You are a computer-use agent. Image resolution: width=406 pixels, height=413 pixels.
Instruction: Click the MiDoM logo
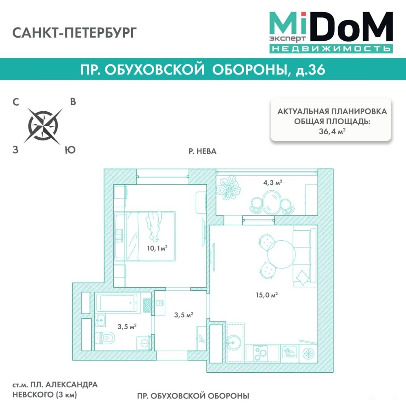click(x=331, y=32)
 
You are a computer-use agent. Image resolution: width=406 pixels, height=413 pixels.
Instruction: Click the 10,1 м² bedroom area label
click(x=157, y=248)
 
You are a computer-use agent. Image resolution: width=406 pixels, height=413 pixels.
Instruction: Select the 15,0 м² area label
click(x=267, y=295)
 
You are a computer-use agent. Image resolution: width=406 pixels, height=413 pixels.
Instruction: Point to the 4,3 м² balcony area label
click(x=272, y=182)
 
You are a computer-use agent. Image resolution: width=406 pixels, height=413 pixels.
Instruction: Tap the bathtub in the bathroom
click(x=117, y=302)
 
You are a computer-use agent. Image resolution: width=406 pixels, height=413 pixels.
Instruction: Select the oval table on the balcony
click(x=272, y=202)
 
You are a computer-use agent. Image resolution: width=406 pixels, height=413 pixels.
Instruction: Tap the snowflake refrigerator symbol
click(x=308, y=353)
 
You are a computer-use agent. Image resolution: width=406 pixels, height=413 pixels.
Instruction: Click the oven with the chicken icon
click(x=290, y=352)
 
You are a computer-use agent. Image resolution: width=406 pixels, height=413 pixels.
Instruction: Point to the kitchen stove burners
click(x=260, y=353)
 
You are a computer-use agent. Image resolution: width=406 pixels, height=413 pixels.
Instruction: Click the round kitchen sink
click(x=233, y=342)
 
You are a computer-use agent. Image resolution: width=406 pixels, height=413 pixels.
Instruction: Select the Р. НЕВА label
click(x=203, y=151)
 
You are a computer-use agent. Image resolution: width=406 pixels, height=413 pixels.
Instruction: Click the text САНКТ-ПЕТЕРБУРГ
click(x=75, y=33)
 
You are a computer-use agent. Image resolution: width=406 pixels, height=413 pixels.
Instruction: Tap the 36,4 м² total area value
click(x=332, y=131)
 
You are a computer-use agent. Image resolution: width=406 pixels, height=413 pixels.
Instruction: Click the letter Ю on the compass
click(x=70, y=150)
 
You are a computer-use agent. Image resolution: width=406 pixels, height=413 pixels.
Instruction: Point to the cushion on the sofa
click(x=302, y=277)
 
